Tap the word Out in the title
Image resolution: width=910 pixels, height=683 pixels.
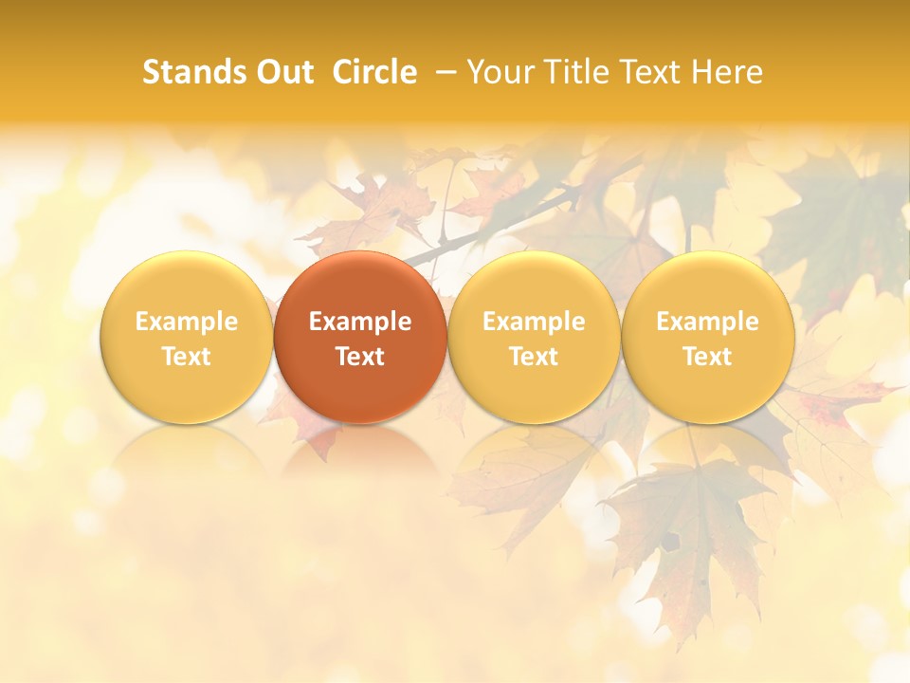pyautogui.click(x=282, y=72)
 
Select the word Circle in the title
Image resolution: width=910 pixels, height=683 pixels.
pyautogui.click(x=374, y=72)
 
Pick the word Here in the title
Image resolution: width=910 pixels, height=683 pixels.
pyautogui.click(x=727, y=72)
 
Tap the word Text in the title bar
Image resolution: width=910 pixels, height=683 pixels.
pyautogui.click(x=651, y=72)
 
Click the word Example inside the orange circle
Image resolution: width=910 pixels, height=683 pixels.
pyautogui.click(x=360, y=322)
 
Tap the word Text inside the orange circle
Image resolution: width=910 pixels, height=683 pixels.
pyautogui.click(x=360, y=357)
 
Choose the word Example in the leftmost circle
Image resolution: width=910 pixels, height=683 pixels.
pyautogui.click(x=187, y=322)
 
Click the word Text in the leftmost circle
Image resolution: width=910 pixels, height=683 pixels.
pyautogui.click(x=187, y=357)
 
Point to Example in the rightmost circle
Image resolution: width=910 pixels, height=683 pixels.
pyautogui.click(x=707, y=322)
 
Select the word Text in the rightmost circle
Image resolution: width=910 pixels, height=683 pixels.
pyautogui.click(x=707, y=357)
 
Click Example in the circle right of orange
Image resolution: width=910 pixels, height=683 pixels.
pyautogui.click(x=534, y=322)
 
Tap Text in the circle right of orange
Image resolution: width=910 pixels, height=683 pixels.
pyautogui.click(x=534, y=357)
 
